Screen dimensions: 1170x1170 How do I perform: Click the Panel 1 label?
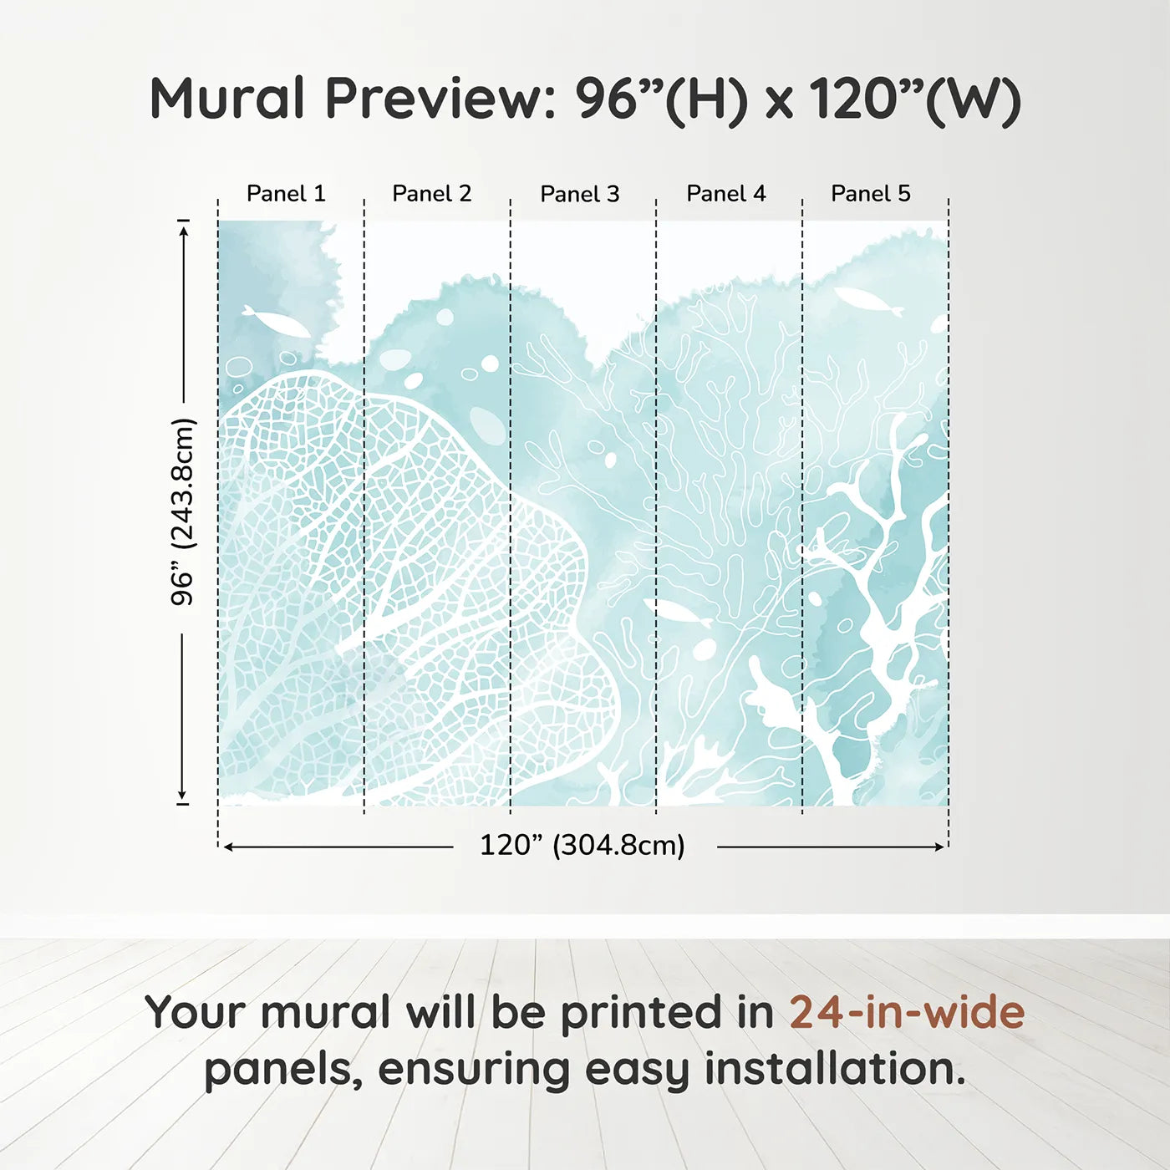click(x=286, y=194)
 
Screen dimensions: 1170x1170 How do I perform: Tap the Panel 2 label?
click(x=432, y=194)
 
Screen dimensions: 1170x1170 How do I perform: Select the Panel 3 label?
click(x=580, y=195)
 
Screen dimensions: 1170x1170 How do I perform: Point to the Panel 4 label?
click(x=726, y=194)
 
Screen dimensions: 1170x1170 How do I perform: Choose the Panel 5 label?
click(x=871, y=194)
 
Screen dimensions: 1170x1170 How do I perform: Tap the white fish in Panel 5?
click(x=869, y=301)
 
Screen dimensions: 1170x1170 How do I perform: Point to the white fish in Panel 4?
click(x=677, y=613)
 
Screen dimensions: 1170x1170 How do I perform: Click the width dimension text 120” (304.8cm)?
click(x=582, y=846)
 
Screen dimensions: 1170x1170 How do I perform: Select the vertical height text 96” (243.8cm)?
click(x=183, y=511)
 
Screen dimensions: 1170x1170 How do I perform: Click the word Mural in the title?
click(x=227, y=99)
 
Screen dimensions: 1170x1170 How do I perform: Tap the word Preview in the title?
click(x=435, y=99)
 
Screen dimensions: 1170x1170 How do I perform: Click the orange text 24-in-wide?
click(x=907, y=1012)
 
